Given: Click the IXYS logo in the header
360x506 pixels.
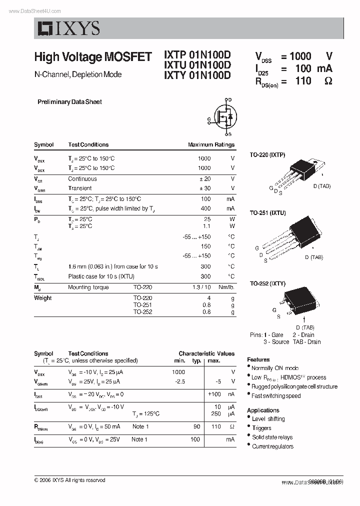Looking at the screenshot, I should point(68,28).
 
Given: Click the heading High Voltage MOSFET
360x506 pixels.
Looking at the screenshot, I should point(92,57).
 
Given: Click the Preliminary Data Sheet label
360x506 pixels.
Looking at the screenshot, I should point(69,102).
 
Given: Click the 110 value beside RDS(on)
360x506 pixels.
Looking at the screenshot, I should point(303,81).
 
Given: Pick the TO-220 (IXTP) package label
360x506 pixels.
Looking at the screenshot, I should point(267,155).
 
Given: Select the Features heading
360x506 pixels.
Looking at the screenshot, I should point(258,359).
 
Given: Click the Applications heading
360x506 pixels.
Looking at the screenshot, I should point(263,410).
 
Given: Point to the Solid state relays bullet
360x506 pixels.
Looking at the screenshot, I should point(272,437).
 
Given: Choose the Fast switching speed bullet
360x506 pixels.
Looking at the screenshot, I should point(276,396).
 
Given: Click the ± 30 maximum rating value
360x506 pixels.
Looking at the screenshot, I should point(204,188).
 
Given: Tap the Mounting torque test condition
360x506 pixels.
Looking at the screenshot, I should point(86,287).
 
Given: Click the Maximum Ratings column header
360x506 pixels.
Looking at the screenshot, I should point(211,145).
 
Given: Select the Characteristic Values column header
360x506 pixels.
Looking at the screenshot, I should point(206,353).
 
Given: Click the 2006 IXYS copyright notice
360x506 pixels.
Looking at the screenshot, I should point(69,480).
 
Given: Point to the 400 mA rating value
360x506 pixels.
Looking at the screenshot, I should point(205,208).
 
